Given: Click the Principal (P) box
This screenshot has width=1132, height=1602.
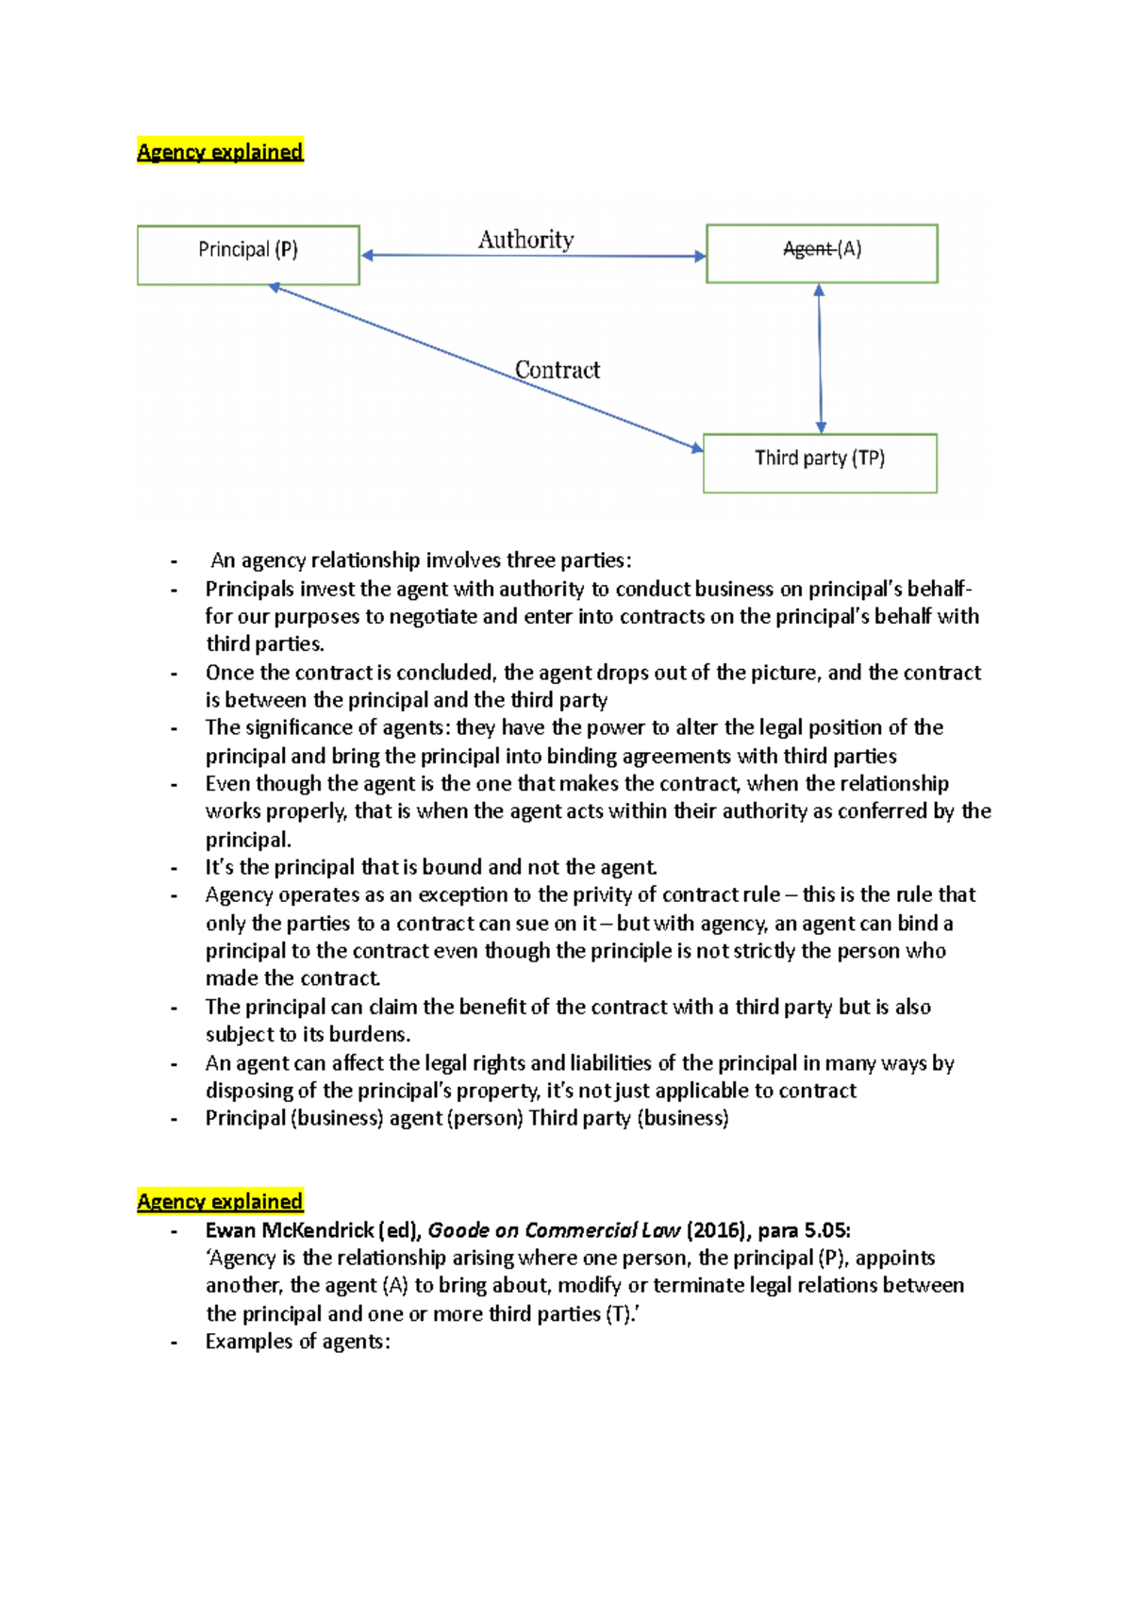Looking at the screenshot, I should click(248, 255).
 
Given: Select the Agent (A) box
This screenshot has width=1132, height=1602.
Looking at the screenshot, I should click(822, 253).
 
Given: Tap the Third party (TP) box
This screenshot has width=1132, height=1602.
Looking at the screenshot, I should click(820, 462).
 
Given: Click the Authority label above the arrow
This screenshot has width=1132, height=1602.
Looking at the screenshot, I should click(525, 240).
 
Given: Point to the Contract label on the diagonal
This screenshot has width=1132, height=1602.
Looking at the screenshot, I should click(557, 370).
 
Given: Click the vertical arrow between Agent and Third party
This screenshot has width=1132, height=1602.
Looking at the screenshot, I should click(820, 359).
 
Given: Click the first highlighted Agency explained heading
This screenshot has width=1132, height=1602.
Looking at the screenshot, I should click(220, 151).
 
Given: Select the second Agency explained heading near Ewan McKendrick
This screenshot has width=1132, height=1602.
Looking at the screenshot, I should click(220, 1201).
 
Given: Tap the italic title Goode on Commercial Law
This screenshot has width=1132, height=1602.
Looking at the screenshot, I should click(554, 1230).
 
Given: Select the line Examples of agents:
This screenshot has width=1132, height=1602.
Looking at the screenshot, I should click(297, 1342).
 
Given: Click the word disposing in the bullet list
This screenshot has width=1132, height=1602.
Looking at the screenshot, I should click(249, 1091).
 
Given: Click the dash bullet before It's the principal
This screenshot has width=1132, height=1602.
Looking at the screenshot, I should click(175, 868).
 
